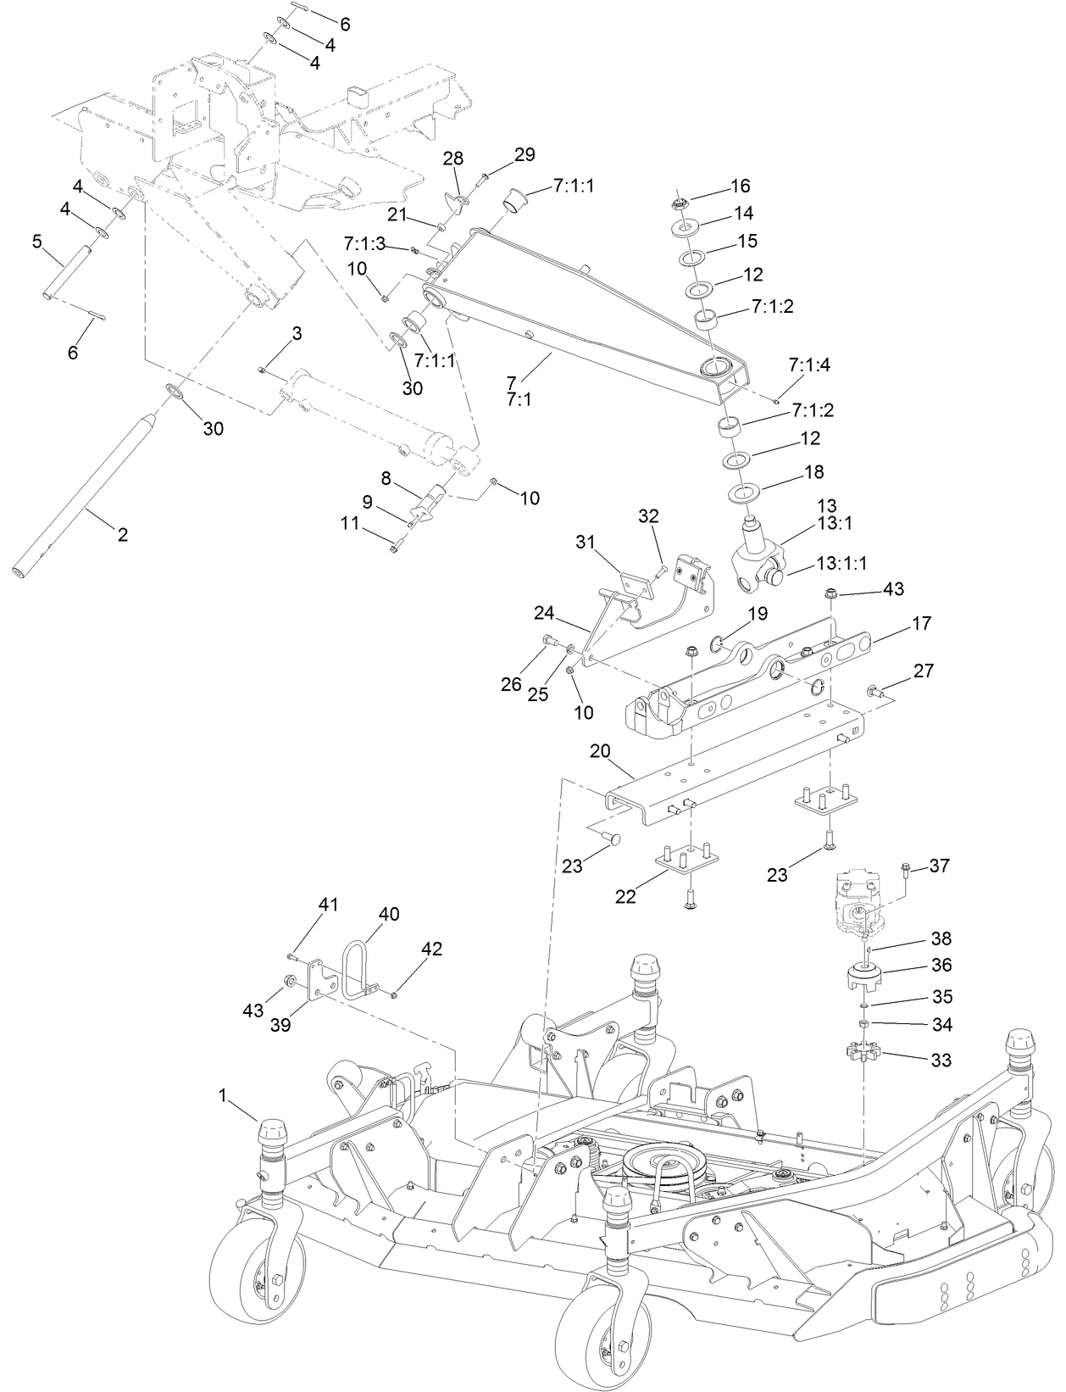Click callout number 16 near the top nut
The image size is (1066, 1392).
pos(741,186)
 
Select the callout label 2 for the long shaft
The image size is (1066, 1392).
pos(123,535)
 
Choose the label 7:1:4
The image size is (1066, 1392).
pos(809,365)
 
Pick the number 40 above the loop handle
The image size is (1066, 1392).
pos(389,914)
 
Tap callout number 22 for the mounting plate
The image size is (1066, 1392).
pos(625,897)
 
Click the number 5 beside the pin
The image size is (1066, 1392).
pos(37,242)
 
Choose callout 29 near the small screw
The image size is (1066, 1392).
pos(525,154)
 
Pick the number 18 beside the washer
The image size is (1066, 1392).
pos(813,471)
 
